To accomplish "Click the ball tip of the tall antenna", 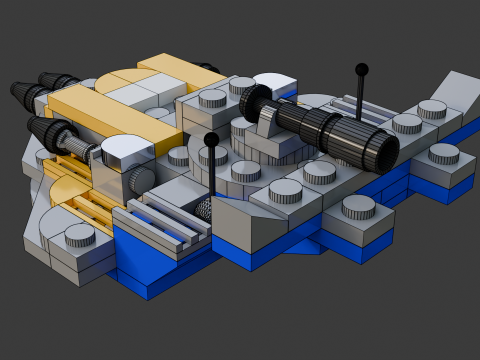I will (x=362, y=69).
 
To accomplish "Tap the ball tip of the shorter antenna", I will (x=211, y=139).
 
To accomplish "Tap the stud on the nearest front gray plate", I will (x=357, y=208).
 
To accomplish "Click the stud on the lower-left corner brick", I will (x=79, y=236).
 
